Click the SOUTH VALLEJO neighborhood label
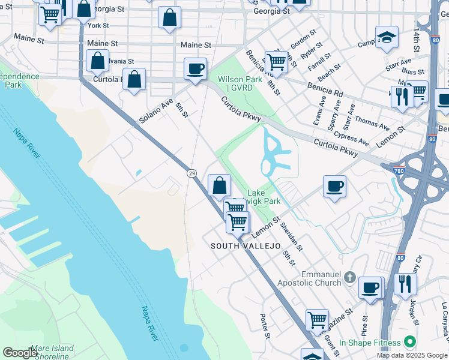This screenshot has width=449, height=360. (246, 247)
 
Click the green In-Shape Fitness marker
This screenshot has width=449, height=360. (411, 341)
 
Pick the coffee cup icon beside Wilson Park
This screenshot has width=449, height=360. (195, 69)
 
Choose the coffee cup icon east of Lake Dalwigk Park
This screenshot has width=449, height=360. (334, 187)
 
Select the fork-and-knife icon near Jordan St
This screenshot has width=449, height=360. (406, 283)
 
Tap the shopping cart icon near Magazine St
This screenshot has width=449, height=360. (317, 319)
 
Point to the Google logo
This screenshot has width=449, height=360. (19, 352)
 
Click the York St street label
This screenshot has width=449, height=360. (98, 26)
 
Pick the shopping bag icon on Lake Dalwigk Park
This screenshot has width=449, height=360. (220, 185)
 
